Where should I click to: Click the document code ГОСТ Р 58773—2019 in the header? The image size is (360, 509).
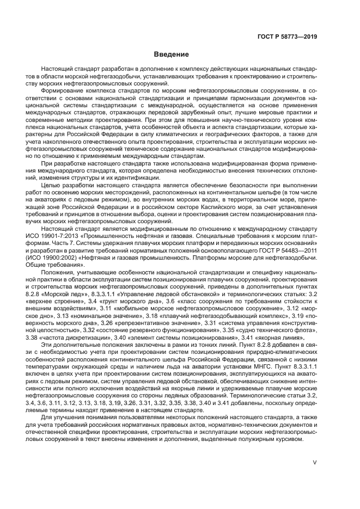[288, 36]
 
